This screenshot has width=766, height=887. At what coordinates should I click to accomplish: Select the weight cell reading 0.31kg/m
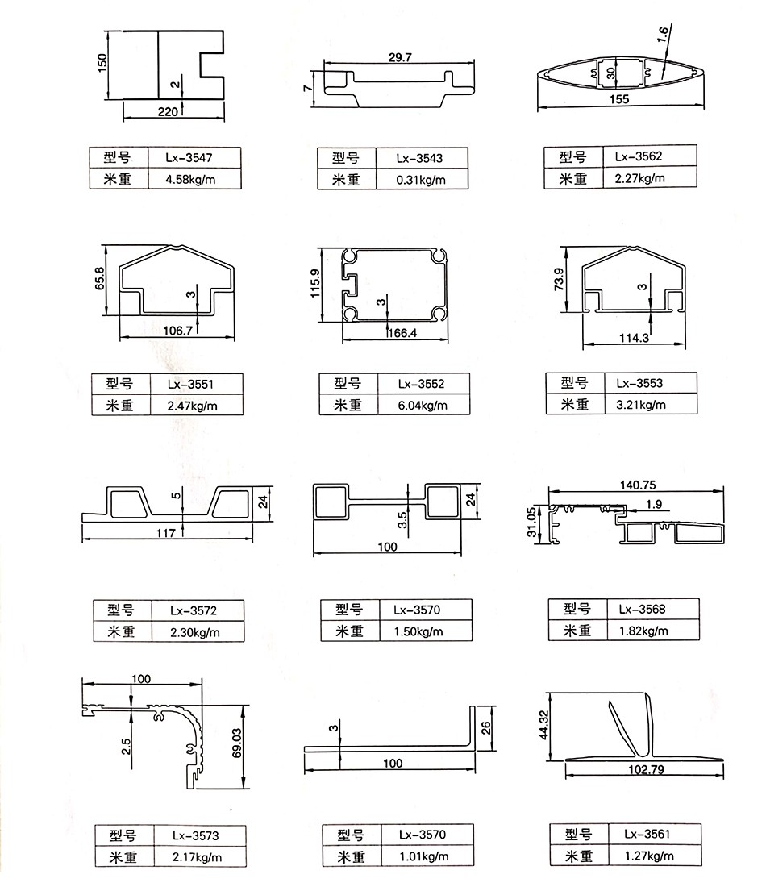[422, 179]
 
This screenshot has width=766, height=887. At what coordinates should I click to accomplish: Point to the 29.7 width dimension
[400, 57]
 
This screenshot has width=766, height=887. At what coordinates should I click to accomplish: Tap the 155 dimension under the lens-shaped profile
[619, 99]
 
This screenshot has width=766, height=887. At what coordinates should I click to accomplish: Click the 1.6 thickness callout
[663, 33]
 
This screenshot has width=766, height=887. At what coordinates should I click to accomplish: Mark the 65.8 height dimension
[99, 278]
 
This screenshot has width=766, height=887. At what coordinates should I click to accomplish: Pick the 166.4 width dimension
[402, 333]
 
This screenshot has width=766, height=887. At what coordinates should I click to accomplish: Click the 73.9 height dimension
[559, 280]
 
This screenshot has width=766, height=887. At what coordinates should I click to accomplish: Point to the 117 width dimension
[166, 532]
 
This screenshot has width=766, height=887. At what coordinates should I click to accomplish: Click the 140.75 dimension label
[638, 485]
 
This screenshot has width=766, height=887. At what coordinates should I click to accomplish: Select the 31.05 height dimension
[531, 523]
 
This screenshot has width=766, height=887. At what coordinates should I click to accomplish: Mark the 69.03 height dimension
[236, 742]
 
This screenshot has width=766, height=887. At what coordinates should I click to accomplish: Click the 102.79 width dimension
[646, 769]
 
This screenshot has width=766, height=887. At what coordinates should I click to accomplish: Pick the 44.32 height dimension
[544, 725]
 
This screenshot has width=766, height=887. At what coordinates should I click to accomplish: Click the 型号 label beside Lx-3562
[572, 156]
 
